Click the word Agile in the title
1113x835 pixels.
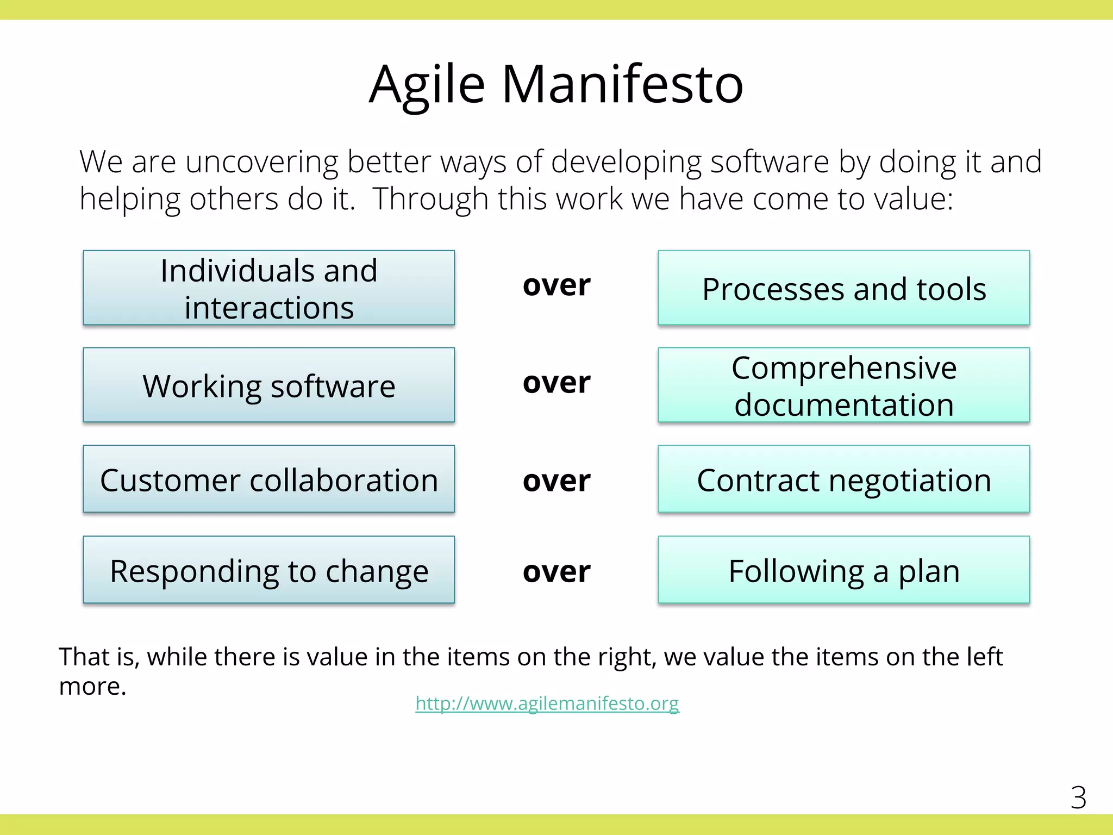pyautogui.click(x=427, y=86)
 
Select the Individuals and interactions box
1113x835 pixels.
pyautogui.click(x=268, y=288)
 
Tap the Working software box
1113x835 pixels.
pyautogui.click(x=268, y=385)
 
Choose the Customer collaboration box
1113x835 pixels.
pyautogui.click(x=268, y=479)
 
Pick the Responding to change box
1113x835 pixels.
pyautogui.click(x=268, y=570)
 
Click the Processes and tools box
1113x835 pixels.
pyautogui.click(x=843, y=288)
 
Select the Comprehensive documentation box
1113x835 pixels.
pyautogui.click(x=843, y=385)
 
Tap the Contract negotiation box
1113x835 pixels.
pyautogui.click(x=843, y=479)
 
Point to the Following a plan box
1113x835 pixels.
pyautogui.click(x=843, y=570)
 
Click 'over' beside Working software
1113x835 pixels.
pyautogui.click(x=556, y=383)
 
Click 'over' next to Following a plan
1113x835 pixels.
pyautogui.click(x=556, y=572)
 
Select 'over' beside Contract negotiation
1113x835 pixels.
pyautogui.click(x=556, y=481)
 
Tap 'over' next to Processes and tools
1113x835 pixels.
pyautogui.click(x=556, y=285)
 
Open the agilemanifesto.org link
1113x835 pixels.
pyautogui.click(x=547, y=703)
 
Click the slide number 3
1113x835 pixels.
pyautogui.click(x=1078, y=798)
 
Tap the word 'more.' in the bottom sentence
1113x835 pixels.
pyautogui.click(x=92, y=687)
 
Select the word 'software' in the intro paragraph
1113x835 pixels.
pyautogui.click(x=769, y=162)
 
